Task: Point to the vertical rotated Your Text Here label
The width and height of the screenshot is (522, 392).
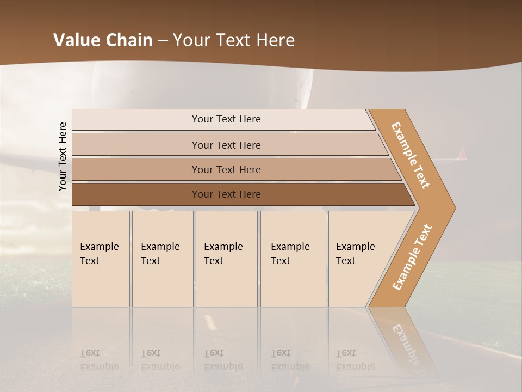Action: [63, 156]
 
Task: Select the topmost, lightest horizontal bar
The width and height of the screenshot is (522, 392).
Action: [226, 119]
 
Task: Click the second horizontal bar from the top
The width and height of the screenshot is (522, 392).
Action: [226, 145]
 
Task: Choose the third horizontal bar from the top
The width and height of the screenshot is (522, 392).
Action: [226, 169]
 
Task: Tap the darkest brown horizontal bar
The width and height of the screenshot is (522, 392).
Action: [226, 194]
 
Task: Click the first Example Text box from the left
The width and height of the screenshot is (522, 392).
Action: [101, 258]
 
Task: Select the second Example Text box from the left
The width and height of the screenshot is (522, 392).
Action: [162, 258]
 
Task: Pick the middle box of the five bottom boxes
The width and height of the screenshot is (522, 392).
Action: [226, 258]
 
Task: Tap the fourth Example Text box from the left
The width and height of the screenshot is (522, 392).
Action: [293, 258]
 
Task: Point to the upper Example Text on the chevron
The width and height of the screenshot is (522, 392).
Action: [411, 155]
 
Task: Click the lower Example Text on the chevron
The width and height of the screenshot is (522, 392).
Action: [412, 257]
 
